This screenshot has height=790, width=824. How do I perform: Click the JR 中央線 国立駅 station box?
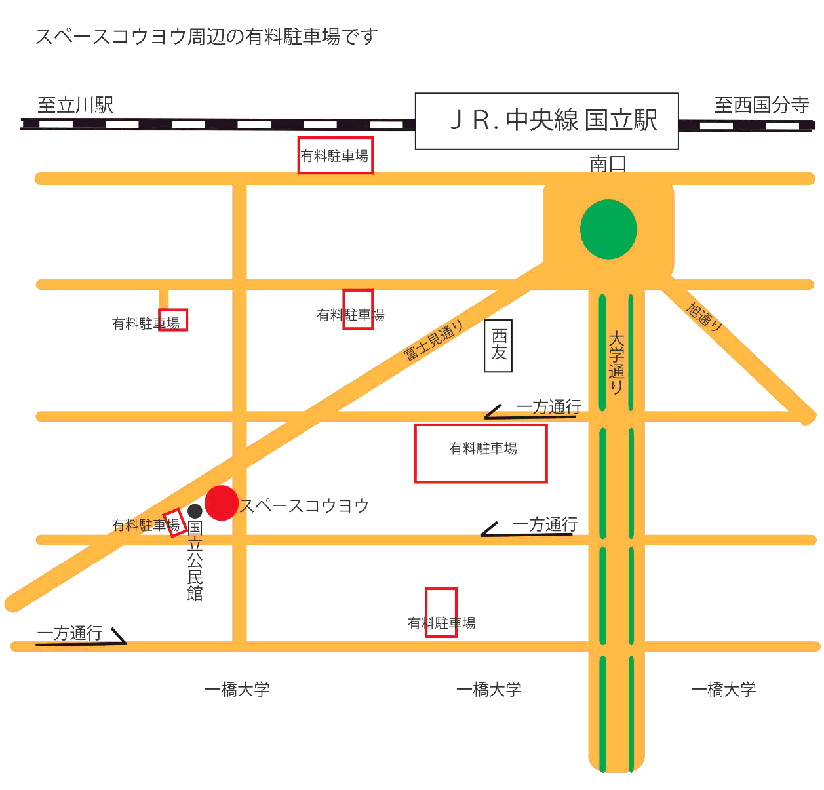(547, 121)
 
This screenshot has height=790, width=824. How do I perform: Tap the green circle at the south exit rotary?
(608, 229)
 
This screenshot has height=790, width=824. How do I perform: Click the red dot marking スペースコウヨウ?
(222, 503)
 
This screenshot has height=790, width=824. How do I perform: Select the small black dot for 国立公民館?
(195, 511)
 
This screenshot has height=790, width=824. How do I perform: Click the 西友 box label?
(498, 346)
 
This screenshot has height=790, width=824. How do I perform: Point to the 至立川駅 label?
(75, 105)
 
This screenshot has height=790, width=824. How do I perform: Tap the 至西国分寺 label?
(761, 105)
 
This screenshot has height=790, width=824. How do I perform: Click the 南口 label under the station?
(608, 164)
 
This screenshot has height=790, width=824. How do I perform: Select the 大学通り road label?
(616, 363)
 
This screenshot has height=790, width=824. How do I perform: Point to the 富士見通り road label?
(433, 340)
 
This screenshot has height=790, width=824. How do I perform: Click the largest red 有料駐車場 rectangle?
(481, 454)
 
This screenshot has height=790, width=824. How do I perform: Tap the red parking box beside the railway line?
(336, 155)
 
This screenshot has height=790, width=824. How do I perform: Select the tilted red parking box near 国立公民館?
(174, 523)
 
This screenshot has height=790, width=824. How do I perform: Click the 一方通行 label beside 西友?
(548, 407)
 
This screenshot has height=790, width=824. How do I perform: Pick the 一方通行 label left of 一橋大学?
(69, 633)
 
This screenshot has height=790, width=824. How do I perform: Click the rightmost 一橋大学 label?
(723, 690)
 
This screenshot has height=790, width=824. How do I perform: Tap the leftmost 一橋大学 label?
(237, 690)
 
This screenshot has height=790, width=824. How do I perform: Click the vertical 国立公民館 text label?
(195, 561)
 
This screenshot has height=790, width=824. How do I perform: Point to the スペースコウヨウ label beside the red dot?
(304, 506)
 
